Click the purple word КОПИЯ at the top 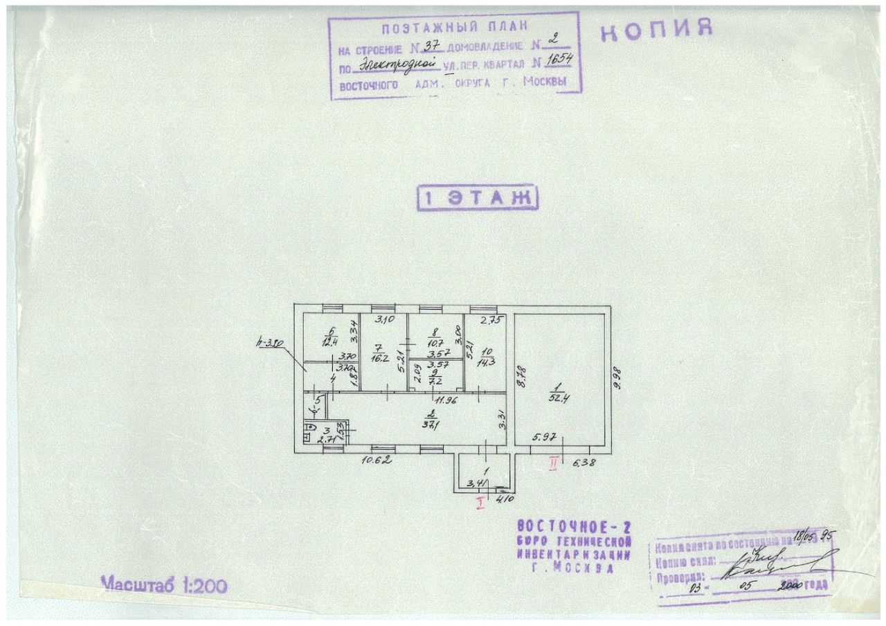pyautogui.click(x=656, y=31)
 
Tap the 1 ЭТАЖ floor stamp pyautogui.click(x=478, y=198)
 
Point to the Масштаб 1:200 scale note pyautogui.click(x=164, y=584)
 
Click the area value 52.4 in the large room pyautogui.click(x=554, y=398)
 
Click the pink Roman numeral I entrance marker pyautogui.click(x=479, y=503)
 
